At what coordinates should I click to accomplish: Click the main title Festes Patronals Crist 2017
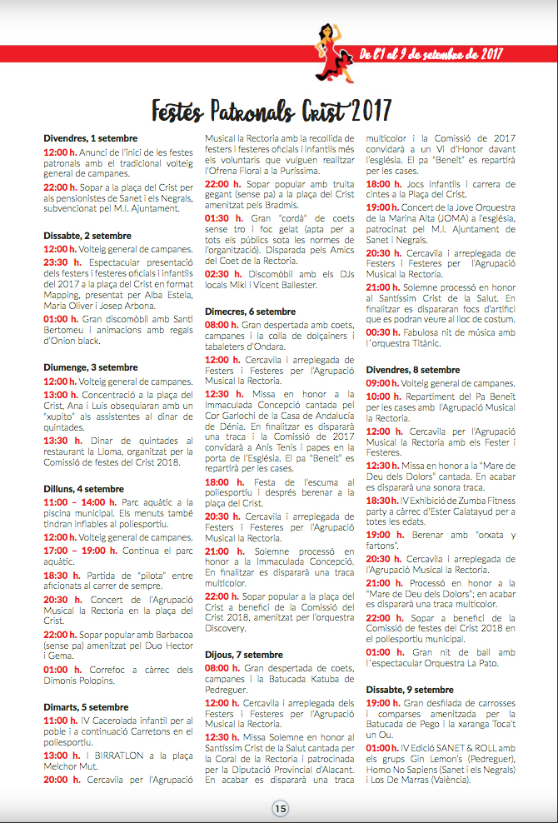click(x=272, y=108)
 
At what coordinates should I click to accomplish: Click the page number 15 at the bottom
click(x=280, y=807)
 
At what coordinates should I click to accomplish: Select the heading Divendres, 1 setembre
click(x=91, y=138)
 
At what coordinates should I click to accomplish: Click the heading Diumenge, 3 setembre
click(x=91, y=367)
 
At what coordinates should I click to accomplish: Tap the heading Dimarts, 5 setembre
click(x=86, y=707)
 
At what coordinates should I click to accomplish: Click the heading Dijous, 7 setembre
click(x=244, y=655)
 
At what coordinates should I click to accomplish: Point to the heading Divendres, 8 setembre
click(x=413, y=369)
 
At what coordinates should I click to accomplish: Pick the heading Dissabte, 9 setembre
click(x=410, y=690)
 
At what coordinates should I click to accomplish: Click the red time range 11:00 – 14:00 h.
click(x=71, y=503)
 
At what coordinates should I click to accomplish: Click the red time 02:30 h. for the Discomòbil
click(x=223, y=274)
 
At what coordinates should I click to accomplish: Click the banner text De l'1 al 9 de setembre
click(x=431, y=55)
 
